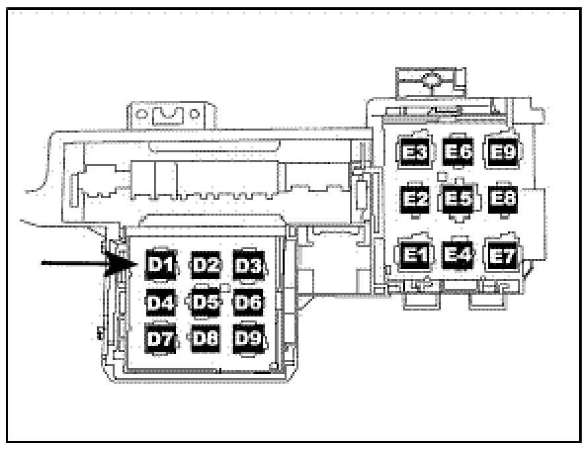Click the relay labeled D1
coord(160,264)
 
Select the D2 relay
coord(206,264)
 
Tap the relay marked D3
coord(248,264)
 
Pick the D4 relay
coord(160,303)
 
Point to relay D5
coord(206,303)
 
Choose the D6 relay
coord(248,303)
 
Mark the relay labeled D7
coord(160,339)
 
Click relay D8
coord(206,339)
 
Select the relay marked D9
coord(248,339)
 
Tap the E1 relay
coord(414,253)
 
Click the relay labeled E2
coord(414,198)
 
